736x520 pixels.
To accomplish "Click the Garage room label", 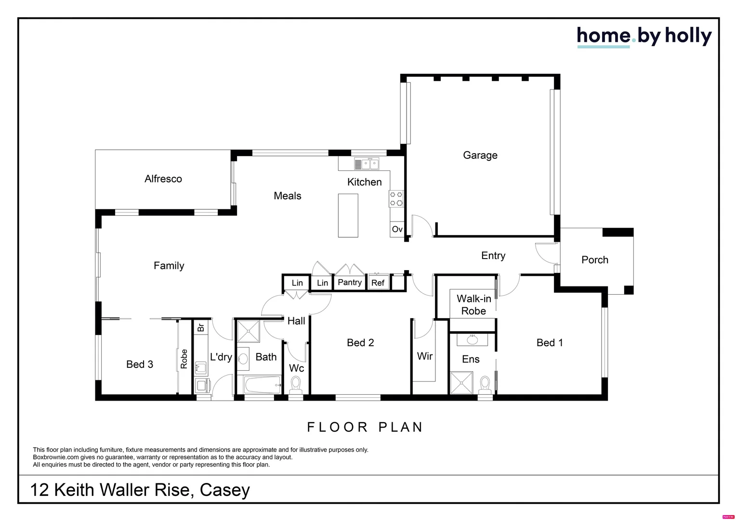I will [x=480, y=155].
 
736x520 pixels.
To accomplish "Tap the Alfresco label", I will [x=163, y=179].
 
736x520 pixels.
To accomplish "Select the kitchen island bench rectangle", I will [x=348, y=215].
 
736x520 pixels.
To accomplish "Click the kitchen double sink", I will [x=367, y=164].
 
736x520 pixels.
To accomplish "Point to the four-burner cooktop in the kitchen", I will [x=396, y=199].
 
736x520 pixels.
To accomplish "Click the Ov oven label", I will [x=397, y=229].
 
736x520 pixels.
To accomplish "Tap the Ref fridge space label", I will [x=378, y=283].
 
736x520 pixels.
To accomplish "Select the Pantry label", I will [x=350, y=282].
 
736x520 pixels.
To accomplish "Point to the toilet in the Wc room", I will [x=296, y=385].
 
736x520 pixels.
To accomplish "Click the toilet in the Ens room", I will [x=485, y=385].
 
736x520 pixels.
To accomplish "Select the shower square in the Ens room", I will [x=462, y=383].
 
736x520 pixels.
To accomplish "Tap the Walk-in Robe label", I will [x=473, y=305].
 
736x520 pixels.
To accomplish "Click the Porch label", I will [x=594, y=260].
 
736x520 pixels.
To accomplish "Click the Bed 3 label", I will [x=140, y=364].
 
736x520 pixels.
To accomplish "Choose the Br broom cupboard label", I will [x=201, y=327].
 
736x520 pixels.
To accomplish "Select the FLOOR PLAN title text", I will [x=365, y=427].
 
